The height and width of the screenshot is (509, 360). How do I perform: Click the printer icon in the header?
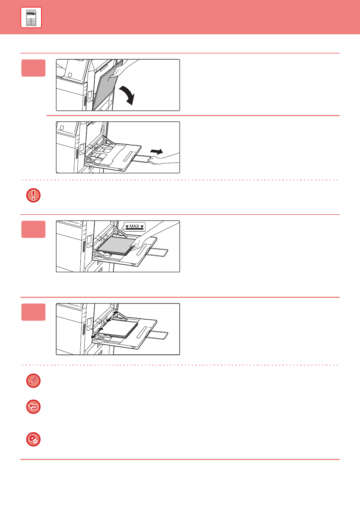31,18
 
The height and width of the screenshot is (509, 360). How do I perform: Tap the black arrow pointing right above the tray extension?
157,152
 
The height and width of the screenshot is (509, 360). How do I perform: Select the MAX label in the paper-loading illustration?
134,227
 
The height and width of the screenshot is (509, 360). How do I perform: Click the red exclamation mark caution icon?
33,195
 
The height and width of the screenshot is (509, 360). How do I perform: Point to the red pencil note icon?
33,381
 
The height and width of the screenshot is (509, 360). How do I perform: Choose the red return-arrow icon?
33,407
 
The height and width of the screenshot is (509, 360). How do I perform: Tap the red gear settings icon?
33,439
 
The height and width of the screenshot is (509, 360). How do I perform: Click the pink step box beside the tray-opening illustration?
33,68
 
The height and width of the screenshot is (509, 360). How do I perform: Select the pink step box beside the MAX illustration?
33,229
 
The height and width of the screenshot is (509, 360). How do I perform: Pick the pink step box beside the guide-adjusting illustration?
33,312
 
